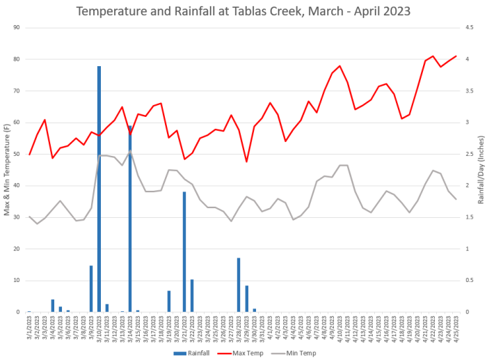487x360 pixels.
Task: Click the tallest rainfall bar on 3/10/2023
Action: [x=99, y=188]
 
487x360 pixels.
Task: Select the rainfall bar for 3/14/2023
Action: [x=130, y=219]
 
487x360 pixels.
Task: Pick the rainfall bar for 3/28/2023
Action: [x=239, y=285]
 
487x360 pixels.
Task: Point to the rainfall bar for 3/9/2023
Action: [x=91, y=289]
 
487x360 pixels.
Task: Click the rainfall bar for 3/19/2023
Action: [x=169, y=302]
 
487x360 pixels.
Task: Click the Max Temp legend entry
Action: [x=243, y=353]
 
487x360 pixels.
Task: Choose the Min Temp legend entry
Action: [x=296, y=353]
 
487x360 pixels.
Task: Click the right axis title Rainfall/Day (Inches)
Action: [x=481, y=169]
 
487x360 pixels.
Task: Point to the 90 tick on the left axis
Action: [x=16, y=27]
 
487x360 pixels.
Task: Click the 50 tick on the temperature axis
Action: [x=16, y=154]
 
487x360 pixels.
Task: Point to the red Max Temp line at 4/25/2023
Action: [x=456, y=56]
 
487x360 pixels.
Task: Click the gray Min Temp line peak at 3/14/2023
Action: [x=130, y=151]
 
